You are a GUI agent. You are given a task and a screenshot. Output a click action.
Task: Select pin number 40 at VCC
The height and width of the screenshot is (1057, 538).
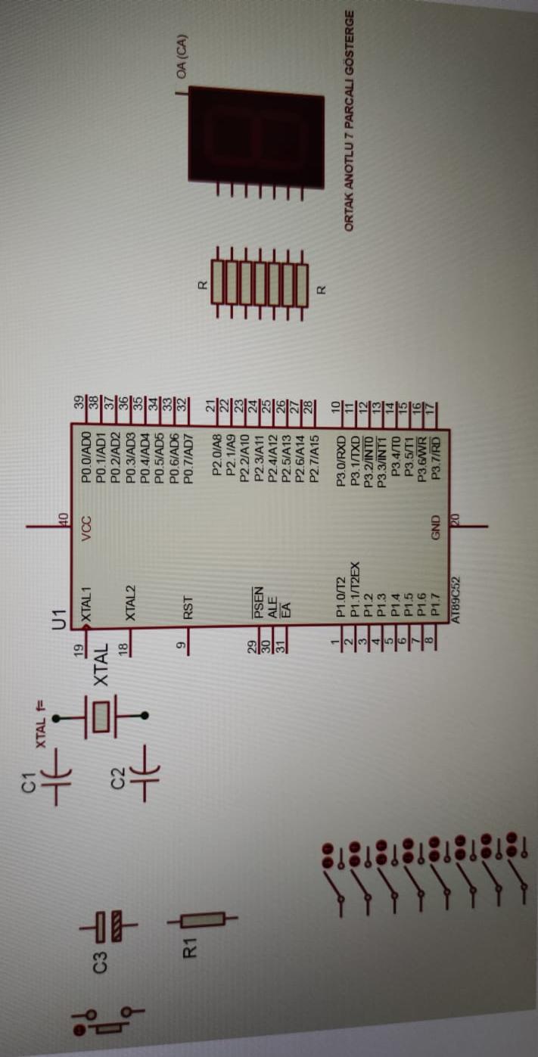click(x=64, y=519)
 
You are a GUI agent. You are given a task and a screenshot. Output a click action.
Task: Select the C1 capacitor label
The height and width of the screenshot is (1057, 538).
click(x=28, y=783)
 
